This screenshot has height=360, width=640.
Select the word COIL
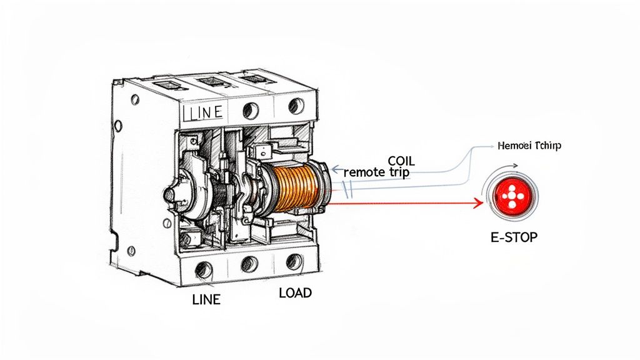401,161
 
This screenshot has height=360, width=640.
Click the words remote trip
377,172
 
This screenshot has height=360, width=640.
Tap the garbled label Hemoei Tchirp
529,146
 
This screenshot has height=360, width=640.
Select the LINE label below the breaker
206,299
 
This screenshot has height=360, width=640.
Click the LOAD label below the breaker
296,292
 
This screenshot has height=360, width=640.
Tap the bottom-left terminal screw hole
202,270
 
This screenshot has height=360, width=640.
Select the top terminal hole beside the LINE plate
250,111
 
